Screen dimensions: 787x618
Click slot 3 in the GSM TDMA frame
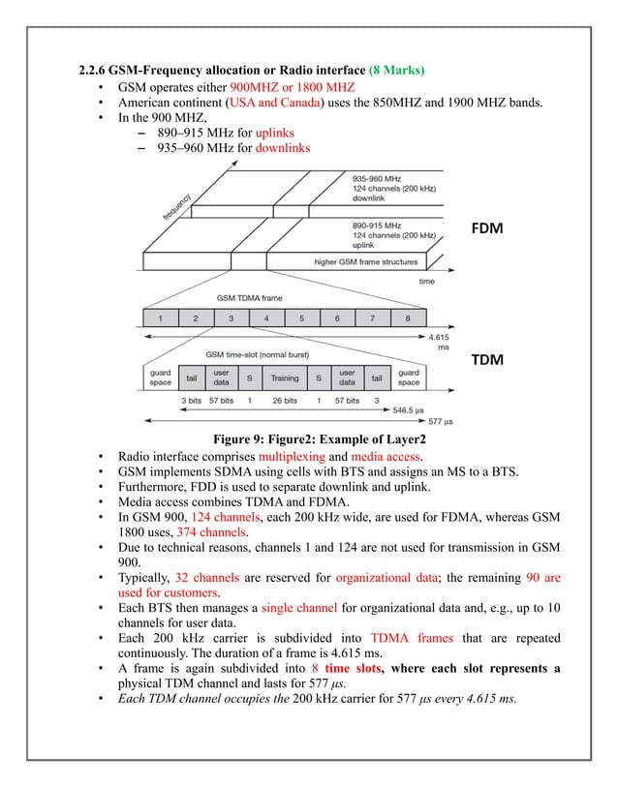[231, 317]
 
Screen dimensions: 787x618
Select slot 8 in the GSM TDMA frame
[407, 317]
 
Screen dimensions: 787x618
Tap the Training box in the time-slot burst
[285, 378]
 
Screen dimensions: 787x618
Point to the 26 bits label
[285, 399]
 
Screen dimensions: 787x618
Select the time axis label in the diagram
[426, 281]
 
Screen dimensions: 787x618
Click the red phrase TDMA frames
[402, 640]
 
